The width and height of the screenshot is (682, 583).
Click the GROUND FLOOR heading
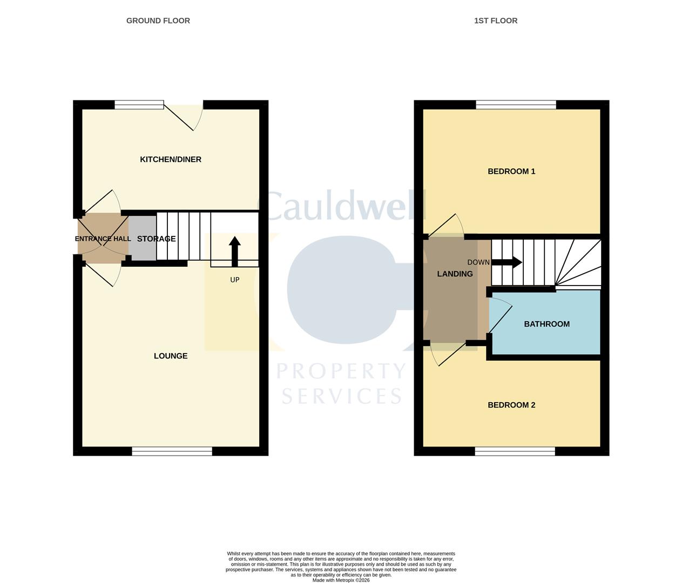point(158,21)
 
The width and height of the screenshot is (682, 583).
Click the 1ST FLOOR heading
point(495,21)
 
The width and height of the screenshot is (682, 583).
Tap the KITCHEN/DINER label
point(170,159)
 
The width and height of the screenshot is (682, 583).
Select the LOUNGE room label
point(171,356)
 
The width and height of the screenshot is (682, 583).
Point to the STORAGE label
point(156,239)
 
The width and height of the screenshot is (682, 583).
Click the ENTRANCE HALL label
point(103,239)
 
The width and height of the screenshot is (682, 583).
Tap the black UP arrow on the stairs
point(234,252)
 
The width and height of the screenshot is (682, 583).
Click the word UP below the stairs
point(234,280)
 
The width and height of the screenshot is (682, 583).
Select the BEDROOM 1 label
point(511,171)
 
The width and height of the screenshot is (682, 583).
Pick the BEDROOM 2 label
point(511,405)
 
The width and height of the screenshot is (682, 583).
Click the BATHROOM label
point(546,324)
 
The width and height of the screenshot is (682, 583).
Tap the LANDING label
point(455,274)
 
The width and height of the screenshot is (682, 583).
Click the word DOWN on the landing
point(478,262)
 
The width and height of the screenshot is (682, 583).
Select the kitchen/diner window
point(139,105)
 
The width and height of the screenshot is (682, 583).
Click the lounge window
point(172,451)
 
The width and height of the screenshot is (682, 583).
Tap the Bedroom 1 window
point(516,105)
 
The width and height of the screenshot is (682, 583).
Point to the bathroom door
point(501,318)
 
